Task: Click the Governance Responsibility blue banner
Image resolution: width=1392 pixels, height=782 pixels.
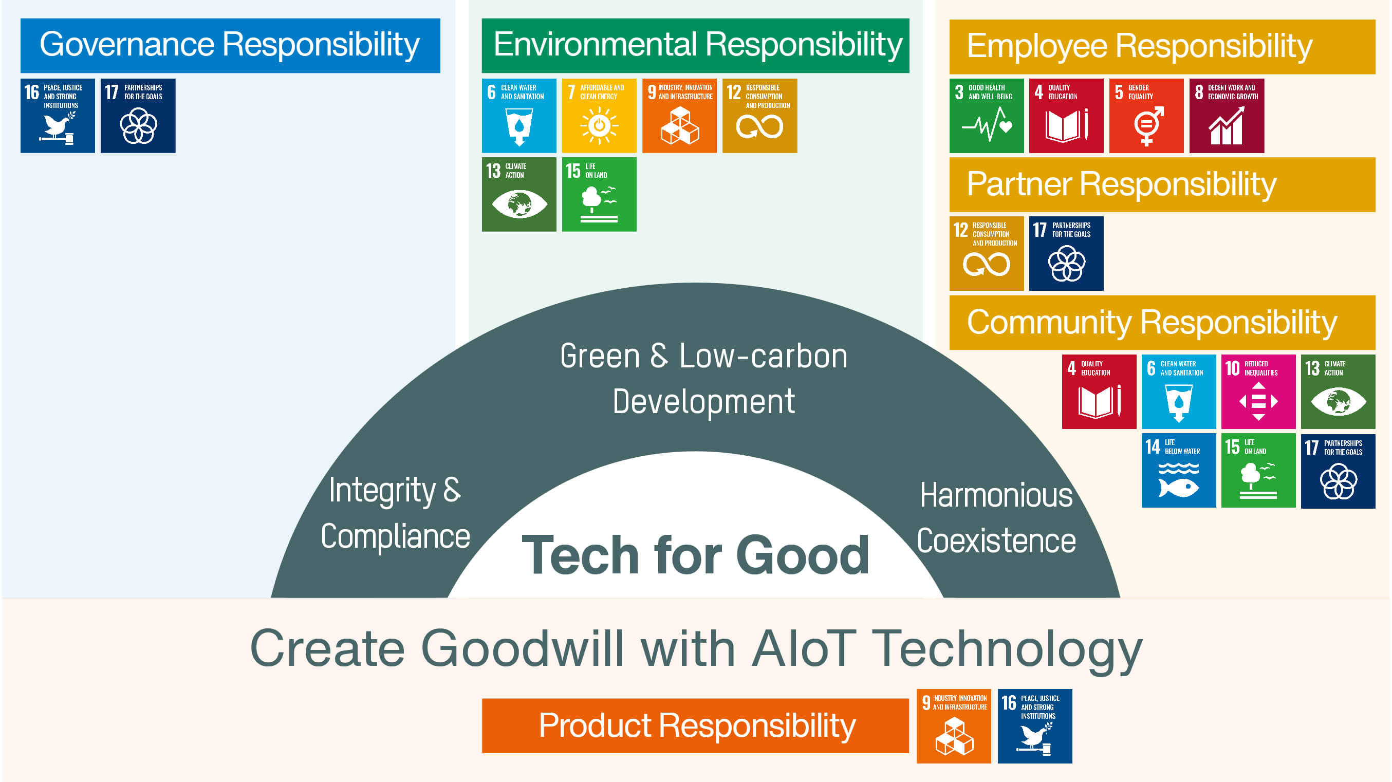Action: (230, 45)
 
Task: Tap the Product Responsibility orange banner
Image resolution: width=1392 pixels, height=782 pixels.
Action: (695, 725)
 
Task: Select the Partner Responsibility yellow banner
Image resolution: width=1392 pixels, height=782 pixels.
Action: (1162, 184)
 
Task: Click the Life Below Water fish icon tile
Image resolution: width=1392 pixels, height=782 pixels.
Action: (1179, 470)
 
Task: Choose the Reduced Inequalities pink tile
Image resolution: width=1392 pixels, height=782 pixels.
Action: (1258, 392)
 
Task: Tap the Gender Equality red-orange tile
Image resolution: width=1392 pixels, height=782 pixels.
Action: (1146, 116)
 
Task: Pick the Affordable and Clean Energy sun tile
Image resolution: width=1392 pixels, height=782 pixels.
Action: (599, 116)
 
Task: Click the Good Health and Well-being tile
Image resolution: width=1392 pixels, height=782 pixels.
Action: (986, 116)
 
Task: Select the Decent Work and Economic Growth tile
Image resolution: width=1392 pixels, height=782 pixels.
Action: (1226, 116)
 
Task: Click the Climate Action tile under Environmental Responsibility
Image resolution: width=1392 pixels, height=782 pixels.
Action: (519, 195)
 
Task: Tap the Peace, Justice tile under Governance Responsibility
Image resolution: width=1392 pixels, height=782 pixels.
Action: (57, 116)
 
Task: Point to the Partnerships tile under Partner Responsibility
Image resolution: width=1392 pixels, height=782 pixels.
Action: (1066, 253)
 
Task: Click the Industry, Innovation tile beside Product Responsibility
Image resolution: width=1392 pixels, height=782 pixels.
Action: (954, 726)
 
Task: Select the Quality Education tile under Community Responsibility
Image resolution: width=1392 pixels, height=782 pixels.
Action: (1099, 392)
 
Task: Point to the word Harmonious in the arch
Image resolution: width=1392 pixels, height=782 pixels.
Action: (996, 495)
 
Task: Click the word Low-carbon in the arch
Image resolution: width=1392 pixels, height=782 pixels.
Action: (763, 356)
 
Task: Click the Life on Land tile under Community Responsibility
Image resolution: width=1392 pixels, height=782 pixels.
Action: (1258, 470)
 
